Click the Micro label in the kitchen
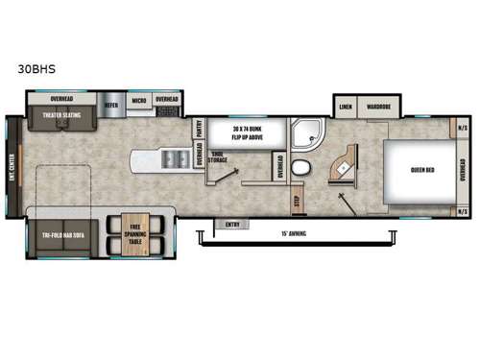pos(138,99)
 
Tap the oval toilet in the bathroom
pos(300,170)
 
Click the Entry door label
pos(230,224)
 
